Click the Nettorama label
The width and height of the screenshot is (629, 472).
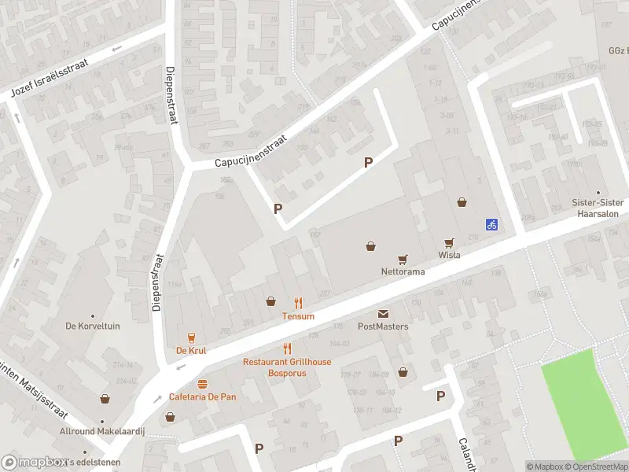403,271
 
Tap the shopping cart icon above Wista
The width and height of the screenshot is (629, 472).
450,243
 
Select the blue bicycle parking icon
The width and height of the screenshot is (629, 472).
491,224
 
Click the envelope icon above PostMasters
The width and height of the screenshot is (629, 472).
383,314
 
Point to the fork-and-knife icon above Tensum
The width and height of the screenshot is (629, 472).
299,303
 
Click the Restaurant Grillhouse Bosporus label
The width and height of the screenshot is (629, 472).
287,367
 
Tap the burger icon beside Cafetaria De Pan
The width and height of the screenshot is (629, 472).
203,384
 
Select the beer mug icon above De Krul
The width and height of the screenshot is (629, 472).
190,338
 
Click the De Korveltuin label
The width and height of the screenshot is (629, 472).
93,326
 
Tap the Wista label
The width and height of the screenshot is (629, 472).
449,255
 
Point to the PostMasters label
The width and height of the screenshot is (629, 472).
383,326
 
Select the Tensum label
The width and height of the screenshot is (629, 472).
299,316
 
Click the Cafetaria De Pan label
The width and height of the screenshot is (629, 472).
203,396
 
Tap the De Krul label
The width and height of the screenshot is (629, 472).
190,351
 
